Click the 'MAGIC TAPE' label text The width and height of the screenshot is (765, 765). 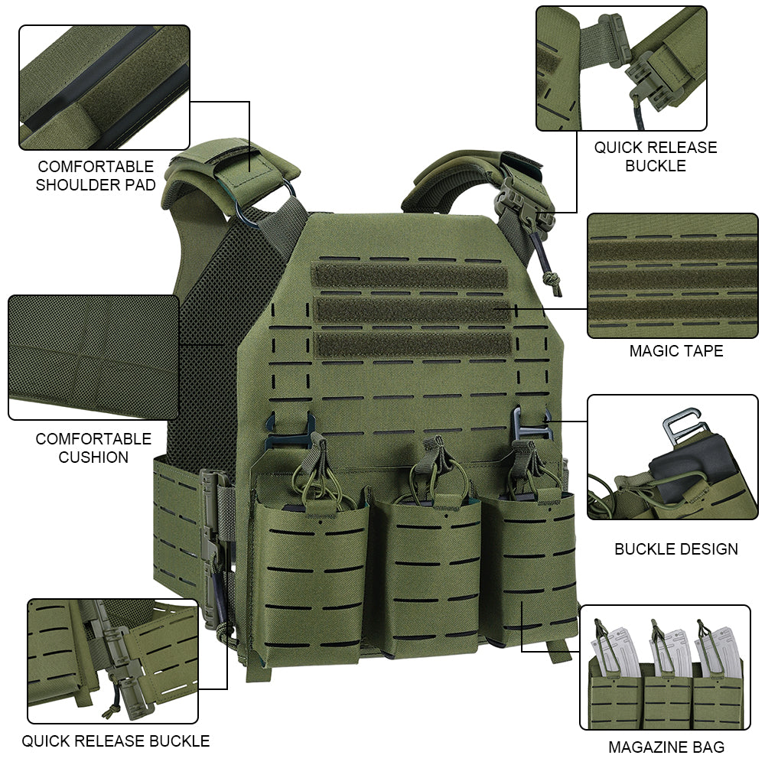click(675, 351)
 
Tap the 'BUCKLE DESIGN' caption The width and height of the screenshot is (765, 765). click(675, 549)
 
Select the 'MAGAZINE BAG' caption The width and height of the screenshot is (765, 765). click(666, 747)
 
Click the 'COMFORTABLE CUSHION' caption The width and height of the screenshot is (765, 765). click(93, 448)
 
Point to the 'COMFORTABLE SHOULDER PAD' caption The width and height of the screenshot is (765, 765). click(96, 176)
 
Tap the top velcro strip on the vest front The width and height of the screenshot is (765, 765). click(409, 275)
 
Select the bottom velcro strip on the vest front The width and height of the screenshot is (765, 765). click(413, 345)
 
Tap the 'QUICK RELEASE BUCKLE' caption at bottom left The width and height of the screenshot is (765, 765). click(116, 741)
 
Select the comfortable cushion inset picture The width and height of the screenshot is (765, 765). click(93, 357)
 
